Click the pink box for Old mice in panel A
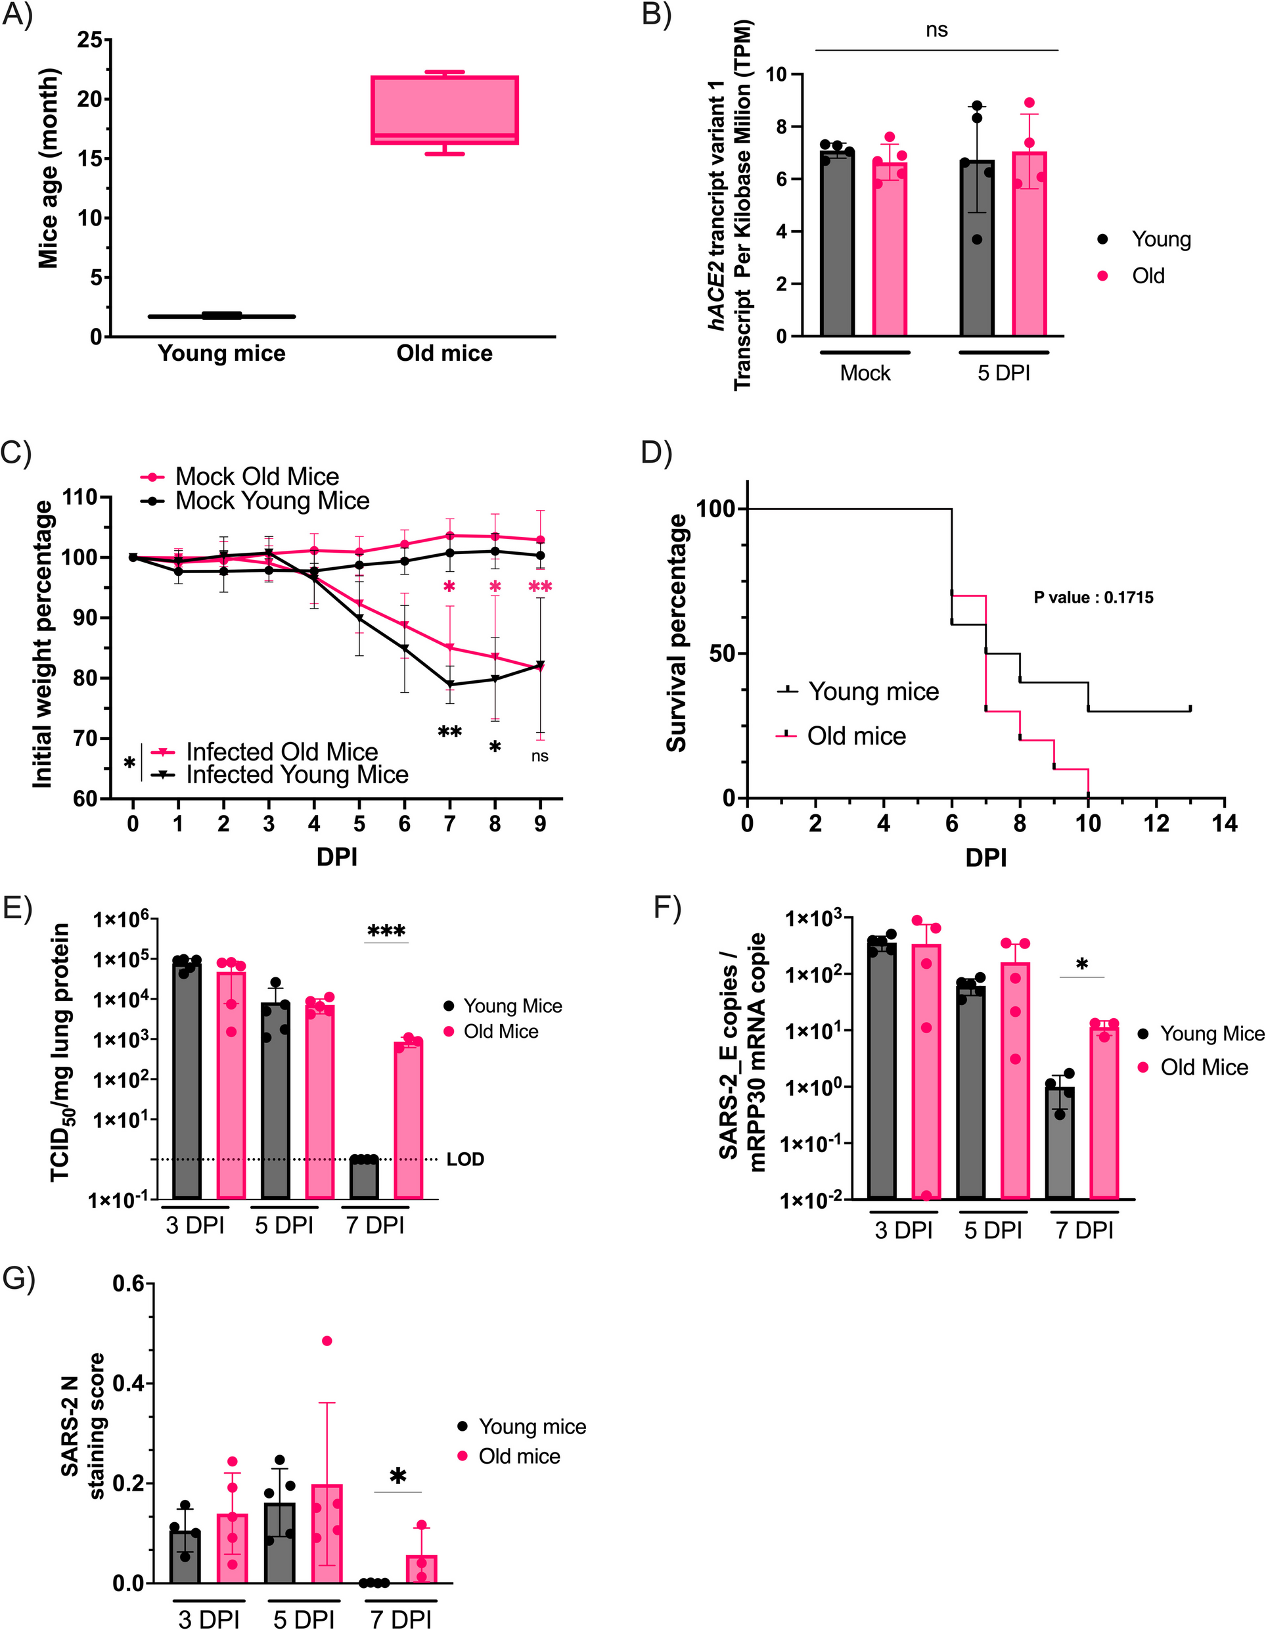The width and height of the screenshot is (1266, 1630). coord(445,110)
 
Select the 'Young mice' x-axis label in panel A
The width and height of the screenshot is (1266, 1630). coord(221,353)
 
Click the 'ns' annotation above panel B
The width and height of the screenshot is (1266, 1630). coord(936,30)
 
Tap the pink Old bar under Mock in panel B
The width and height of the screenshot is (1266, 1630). coord(890,250)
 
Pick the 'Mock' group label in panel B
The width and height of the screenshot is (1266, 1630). coord(865,373)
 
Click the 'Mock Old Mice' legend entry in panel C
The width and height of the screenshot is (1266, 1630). coord(257,476)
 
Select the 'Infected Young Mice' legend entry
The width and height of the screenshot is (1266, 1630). coord(297,775)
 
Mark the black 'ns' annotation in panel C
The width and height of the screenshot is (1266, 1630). coord(539,756)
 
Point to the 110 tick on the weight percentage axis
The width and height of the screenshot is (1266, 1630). coord(87,497)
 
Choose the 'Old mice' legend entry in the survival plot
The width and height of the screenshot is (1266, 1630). coord(857,736)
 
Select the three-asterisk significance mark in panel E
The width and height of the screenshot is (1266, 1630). coord(386,931)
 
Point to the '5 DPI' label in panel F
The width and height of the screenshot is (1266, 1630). coord(992,1230)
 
